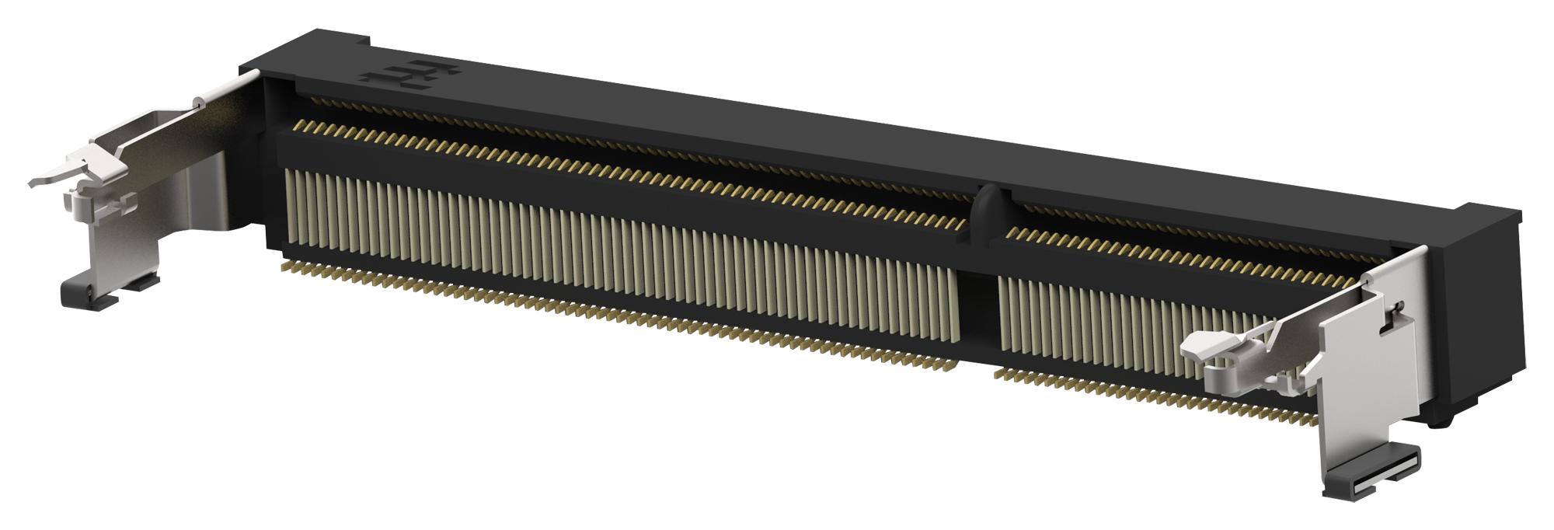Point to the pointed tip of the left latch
(x=35, y=183)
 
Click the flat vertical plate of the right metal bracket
(x=1368, y=365)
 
